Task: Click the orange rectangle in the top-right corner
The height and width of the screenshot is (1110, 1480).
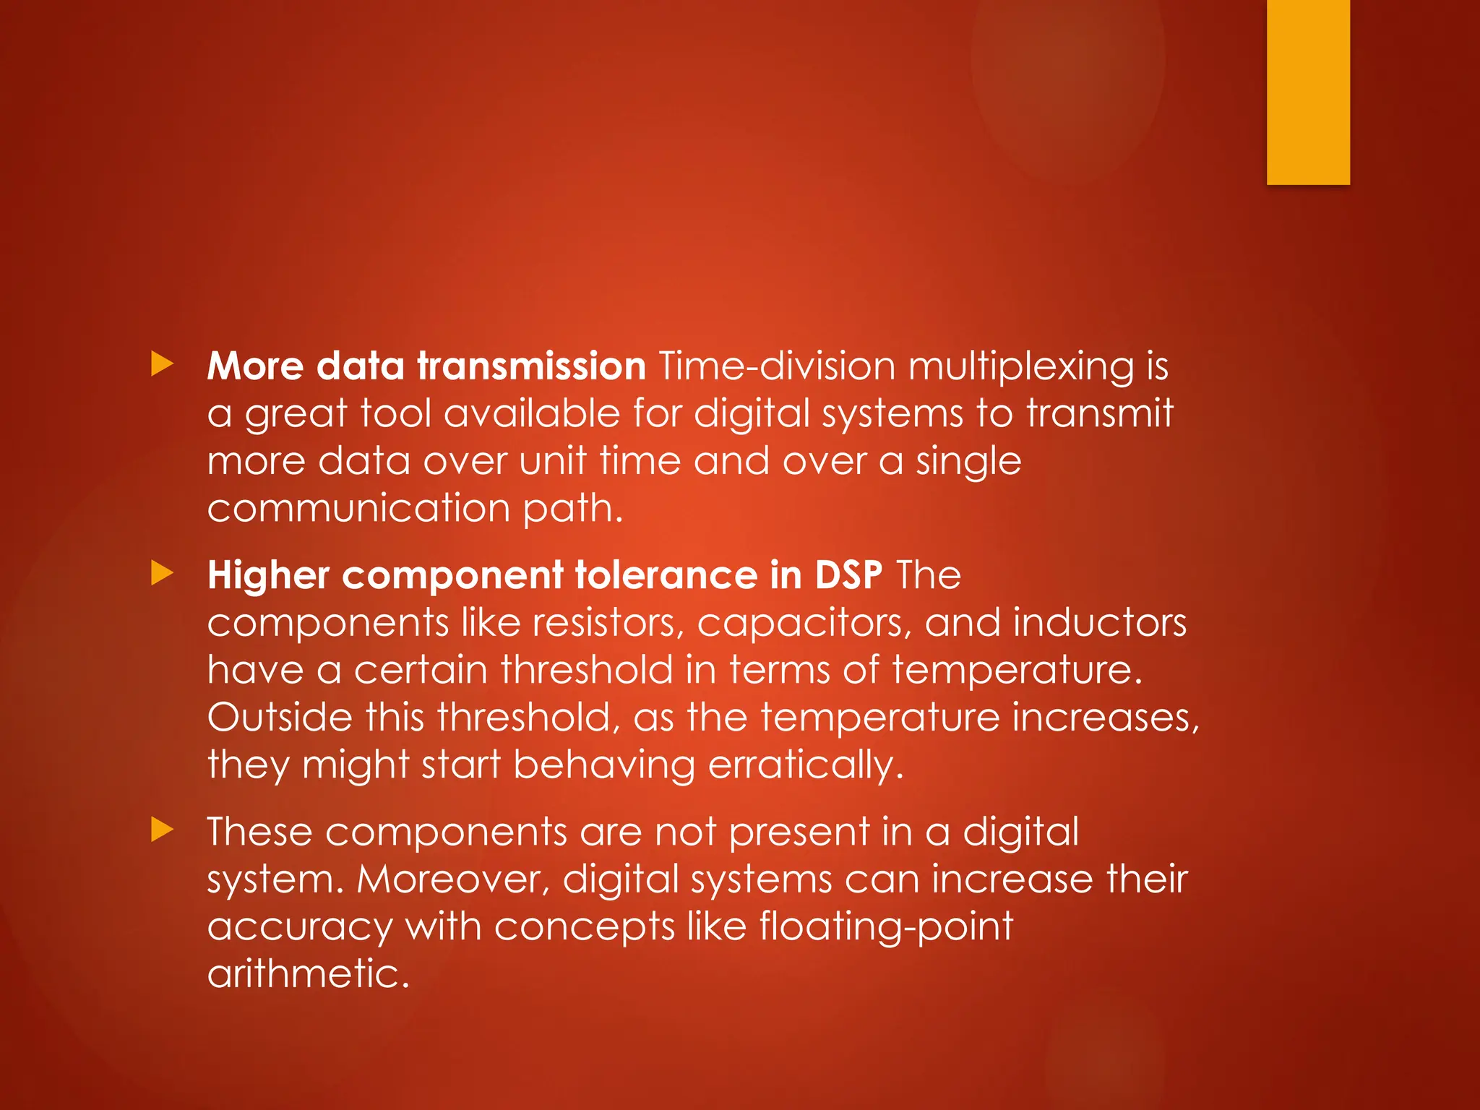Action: point(1308,92)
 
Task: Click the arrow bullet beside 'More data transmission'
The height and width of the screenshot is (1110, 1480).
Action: point(163,364)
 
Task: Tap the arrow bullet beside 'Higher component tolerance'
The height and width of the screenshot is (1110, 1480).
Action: point(163,574)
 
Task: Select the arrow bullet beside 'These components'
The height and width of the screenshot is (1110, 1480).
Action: point(163,830)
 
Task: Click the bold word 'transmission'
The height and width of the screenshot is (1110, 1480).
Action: point(531,366)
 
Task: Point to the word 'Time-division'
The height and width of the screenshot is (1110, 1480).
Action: point(777,366)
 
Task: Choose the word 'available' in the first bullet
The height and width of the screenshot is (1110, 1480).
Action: point(532,413)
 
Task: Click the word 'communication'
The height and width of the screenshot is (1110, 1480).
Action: point(359,508)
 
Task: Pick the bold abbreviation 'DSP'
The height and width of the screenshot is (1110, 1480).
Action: point(848,575)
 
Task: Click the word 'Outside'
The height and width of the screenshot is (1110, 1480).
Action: point(280,718)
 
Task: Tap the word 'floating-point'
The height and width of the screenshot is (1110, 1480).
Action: point(886,928)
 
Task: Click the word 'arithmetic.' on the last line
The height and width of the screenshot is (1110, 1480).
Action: point(309,974)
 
